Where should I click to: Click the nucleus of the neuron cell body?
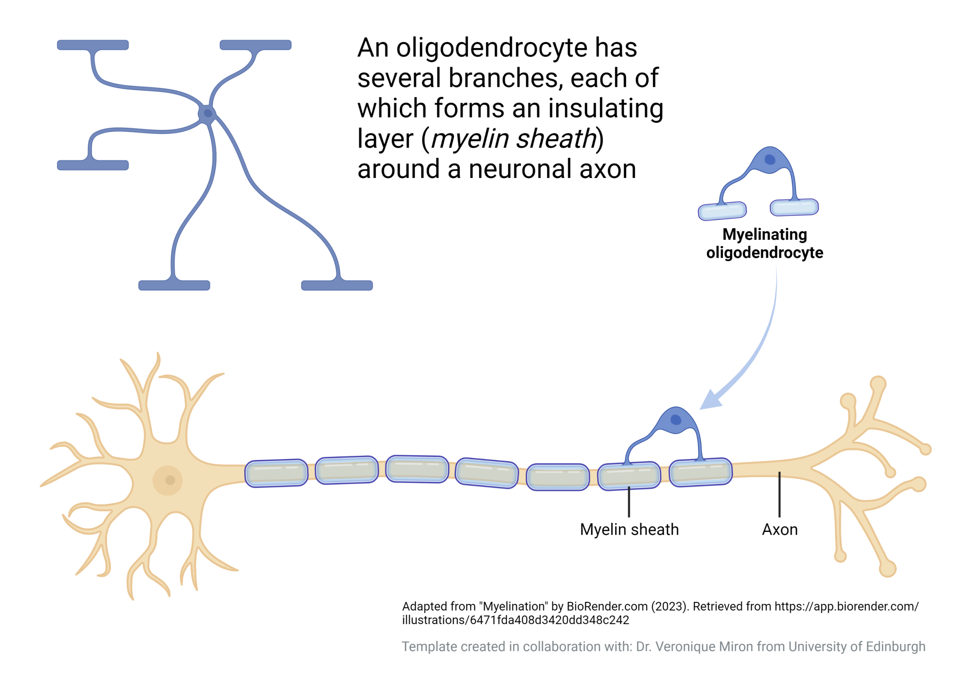click(170, 480)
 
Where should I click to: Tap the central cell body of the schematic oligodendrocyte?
click(208, 113)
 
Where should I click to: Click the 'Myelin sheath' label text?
click(629, 530)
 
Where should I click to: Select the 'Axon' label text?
click(780, 530)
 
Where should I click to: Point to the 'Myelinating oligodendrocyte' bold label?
click(765, 244)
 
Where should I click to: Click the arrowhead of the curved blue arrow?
click(710, 400)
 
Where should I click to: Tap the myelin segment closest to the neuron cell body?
click(276, 473)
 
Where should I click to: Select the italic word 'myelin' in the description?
click(470, 139)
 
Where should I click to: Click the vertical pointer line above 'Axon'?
click(779, 495)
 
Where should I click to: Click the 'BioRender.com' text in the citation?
click(607, 606)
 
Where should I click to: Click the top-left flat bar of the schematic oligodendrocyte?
click(93, 45)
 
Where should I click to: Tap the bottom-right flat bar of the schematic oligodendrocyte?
click(337, 285)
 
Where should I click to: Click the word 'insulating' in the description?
click(606, 108)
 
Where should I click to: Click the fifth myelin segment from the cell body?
click(558, 477)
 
